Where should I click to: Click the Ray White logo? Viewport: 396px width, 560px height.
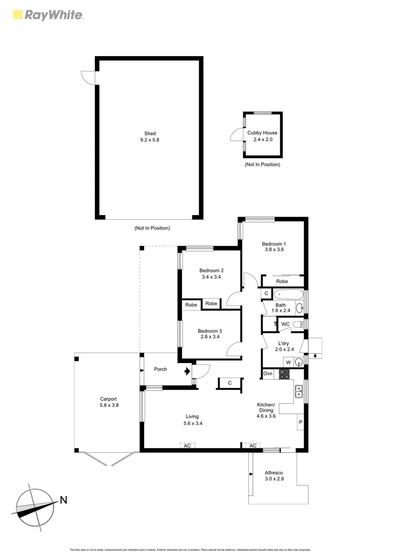pos(47,15)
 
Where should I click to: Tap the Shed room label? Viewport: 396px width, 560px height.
pos(150,133)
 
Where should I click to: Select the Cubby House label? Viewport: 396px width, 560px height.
pos(262,133)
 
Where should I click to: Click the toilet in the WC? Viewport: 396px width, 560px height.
pos(298,325)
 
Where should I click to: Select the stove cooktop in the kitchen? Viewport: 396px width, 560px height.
pos(285,373)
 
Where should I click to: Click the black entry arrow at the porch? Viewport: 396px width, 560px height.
pos(187,371)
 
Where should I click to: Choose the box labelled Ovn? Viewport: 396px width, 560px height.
pos(267,374)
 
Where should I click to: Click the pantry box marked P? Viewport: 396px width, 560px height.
pos(300,423)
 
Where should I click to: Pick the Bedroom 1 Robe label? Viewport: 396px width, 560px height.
pos(282,281)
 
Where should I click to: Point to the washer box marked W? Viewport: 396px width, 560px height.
pos(288,362)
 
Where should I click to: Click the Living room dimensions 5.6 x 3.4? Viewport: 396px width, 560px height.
pos(192,424)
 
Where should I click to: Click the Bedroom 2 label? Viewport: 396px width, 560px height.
pos(211,270)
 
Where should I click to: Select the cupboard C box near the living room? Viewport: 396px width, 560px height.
pos(230,383)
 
